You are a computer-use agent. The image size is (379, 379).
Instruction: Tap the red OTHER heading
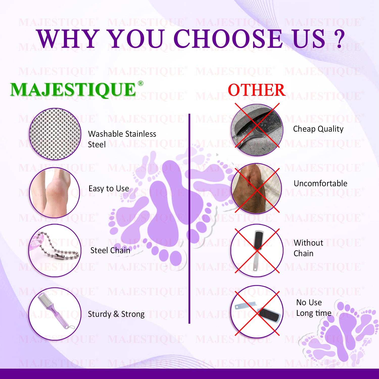click(x=256, y=90)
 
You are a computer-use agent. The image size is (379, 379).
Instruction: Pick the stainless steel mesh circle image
click(x=55, y=134)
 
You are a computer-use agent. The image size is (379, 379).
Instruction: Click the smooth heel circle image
click(x=55, y=193)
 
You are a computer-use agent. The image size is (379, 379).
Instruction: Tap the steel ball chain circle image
click(x=55, y=250)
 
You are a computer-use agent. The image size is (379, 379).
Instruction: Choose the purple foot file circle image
click(x=55, y=314)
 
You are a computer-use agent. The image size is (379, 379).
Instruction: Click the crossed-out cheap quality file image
click(x=257, y=130)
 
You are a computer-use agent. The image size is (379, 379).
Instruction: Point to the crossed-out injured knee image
click(x=256, y=188)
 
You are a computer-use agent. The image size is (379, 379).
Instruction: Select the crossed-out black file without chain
click(x=257, y=250)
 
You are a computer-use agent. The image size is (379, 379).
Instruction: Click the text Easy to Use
click(x=109, y=188)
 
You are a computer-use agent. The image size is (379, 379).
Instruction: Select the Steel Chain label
click(x=110, y=250)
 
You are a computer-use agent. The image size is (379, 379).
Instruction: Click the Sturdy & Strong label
click(x=116, y=314)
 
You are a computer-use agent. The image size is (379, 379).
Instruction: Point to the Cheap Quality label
click(x=318, y=129)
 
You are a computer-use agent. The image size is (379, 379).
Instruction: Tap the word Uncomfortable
click(x=320, y=183)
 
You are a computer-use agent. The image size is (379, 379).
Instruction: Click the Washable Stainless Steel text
click(x=122, y=139)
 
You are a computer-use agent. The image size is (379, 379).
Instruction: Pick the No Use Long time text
click(x=314, y=308)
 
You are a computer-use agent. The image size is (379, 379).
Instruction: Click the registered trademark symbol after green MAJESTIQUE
click(x=140, y=83)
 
